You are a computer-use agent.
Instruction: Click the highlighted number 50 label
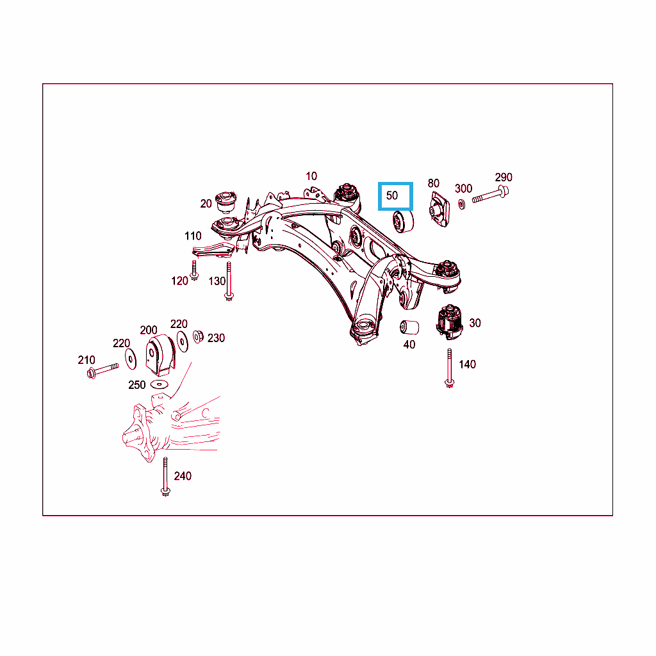392,195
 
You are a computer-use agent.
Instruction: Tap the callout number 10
311,176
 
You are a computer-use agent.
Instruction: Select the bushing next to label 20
226,201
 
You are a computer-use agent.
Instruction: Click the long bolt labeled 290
490,195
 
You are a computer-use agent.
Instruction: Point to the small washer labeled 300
461,204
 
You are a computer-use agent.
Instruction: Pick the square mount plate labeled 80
439,209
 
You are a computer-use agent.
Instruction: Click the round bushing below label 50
403,222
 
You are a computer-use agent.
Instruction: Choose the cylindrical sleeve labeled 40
409,327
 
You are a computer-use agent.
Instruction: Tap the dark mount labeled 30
450,322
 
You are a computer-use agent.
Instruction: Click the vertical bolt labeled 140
449,368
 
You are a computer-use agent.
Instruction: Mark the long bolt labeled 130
229,281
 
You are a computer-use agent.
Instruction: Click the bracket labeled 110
213,250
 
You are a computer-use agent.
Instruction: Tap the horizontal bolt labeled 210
102,371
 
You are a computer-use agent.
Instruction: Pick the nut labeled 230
198,336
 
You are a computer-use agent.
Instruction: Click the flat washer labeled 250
160,384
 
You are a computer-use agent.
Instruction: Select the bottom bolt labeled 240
166,477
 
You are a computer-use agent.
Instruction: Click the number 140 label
467,365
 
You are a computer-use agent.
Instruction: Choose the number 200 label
149,330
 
